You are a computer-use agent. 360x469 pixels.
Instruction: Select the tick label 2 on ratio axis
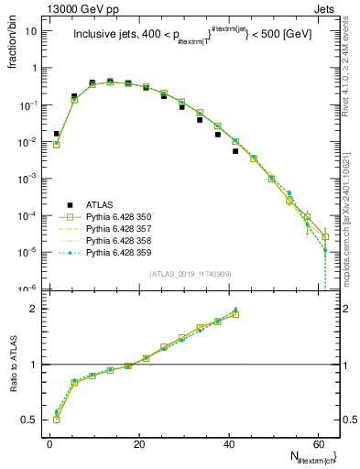click(36, 309)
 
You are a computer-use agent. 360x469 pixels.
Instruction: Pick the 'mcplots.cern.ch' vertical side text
click(349, 211)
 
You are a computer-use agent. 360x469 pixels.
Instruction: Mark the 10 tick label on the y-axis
click(33, 31)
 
